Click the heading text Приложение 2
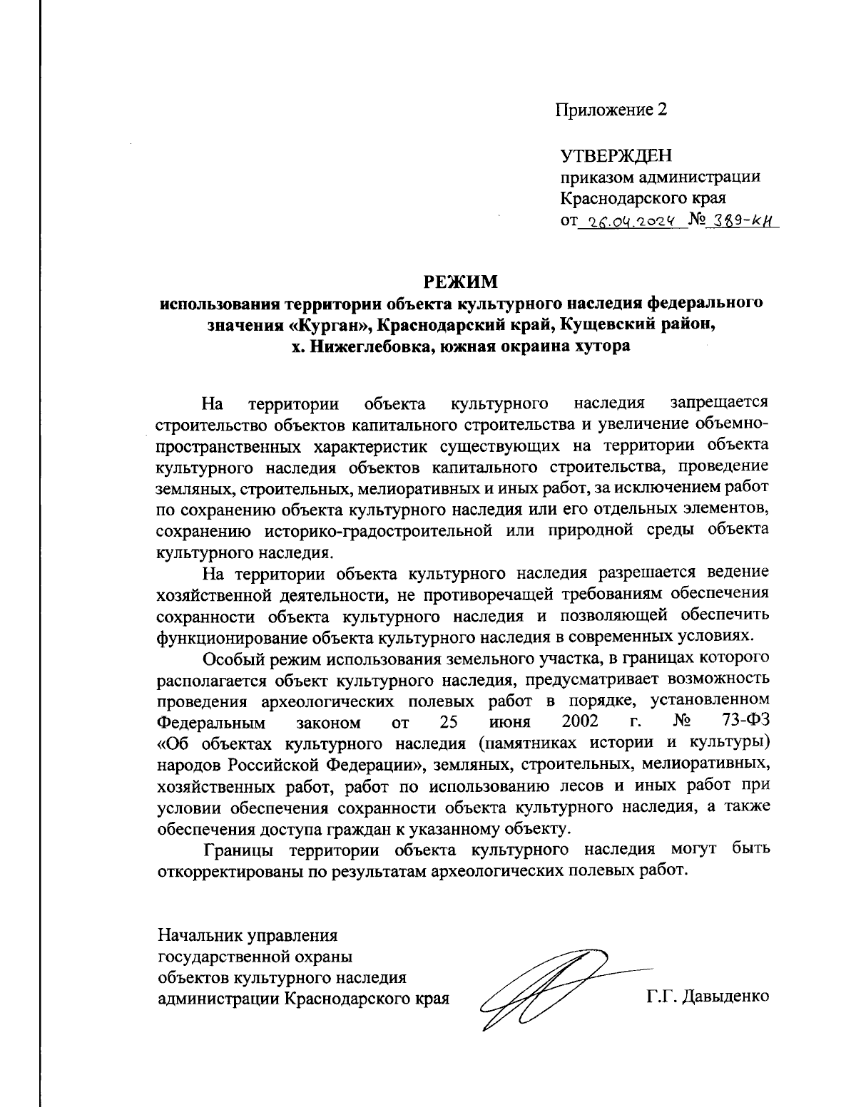click(x=611, y=110)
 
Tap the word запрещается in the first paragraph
click(x=720, y=404)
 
